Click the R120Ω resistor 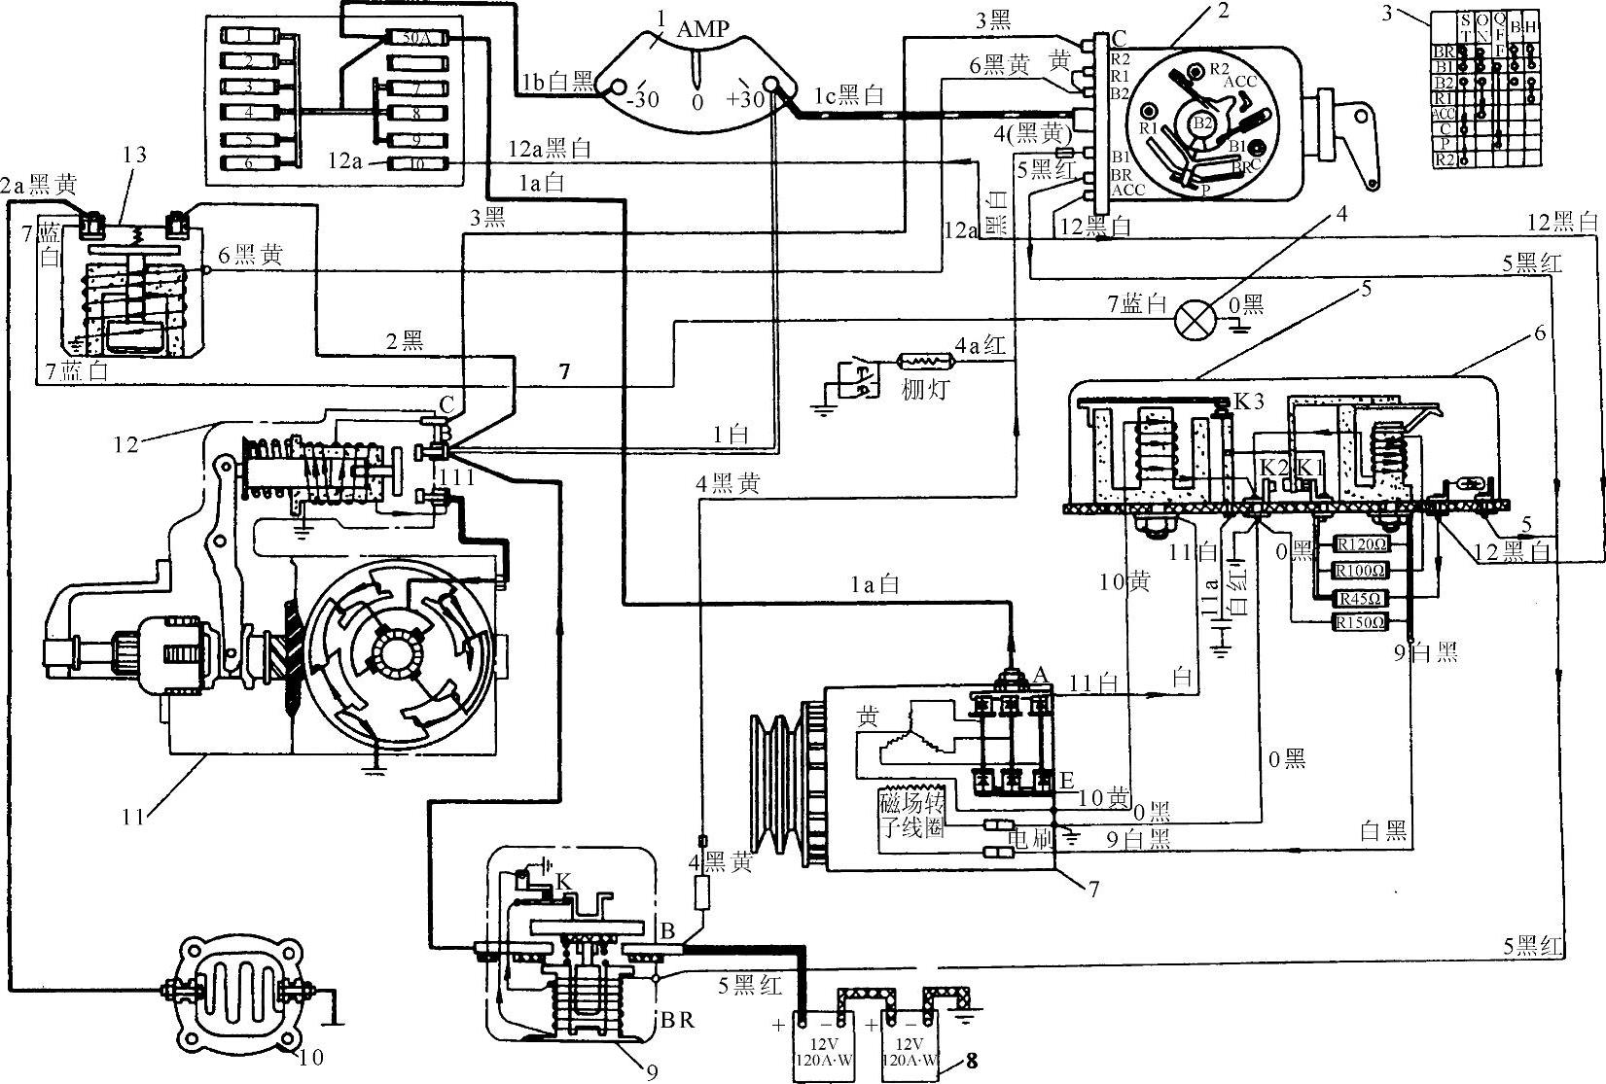1361,544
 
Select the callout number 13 135,154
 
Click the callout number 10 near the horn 310,1056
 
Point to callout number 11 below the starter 134,817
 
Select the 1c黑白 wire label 848,95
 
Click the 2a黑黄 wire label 39,184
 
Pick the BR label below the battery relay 678,1022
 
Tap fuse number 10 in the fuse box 415,163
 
